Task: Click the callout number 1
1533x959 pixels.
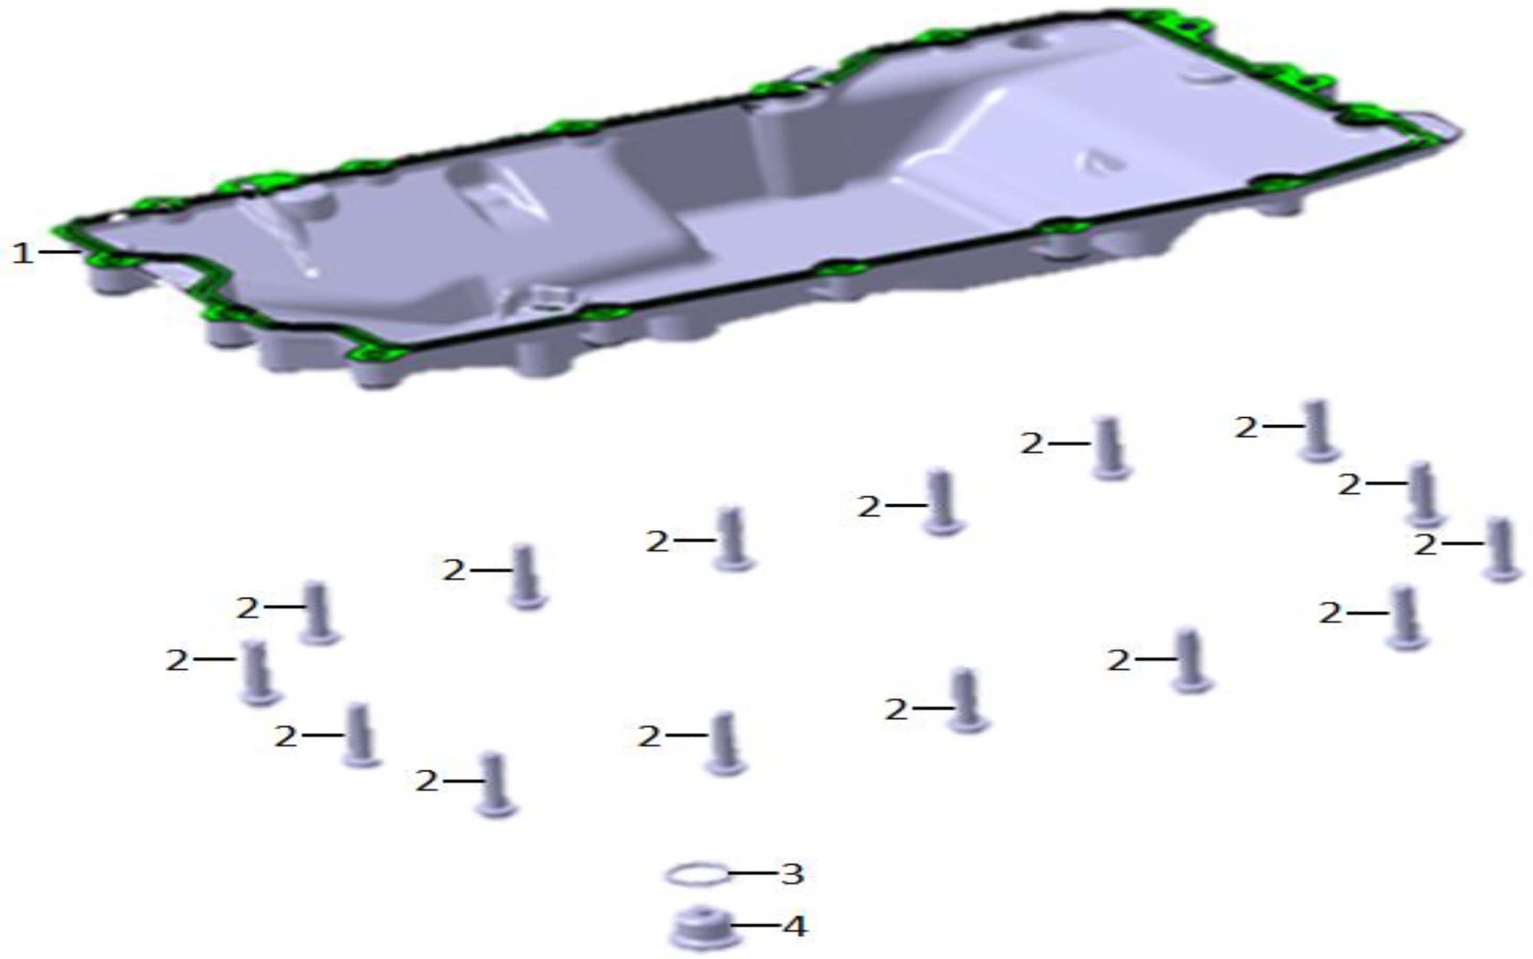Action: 23,253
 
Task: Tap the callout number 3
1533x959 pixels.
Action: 791,873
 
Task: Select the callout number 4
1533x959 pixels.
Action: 794,926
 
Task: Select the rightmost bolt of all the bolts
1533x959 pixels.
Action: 1501,549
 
